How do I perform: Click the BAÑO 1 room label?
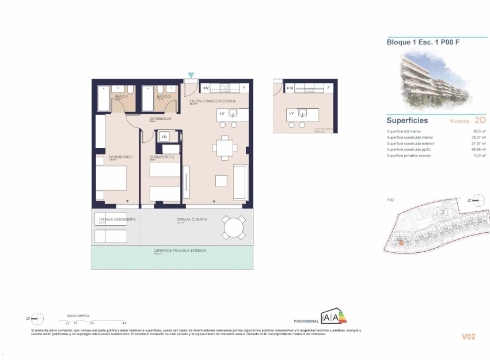[121, 97]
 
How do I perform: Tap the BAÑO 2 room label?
[163, 97]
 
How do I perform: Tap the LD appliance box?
[164, 137]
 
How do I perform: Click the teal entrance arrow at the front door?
[191, 75]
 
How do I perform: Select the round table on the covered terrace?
[234, 228]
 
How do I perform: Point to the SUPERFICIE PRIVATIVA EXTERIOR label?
[180, 251]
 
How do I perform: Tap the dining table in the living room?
[223, 148]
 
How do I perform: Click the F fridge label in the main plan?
[244, 88]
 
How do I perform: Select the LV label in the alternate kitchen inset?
[291, 113]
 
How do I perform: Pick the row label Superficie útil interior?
[404, 131]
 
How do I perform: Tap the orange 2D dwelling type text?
[480, 121]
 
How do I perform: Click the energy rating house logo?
[334, 316]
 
